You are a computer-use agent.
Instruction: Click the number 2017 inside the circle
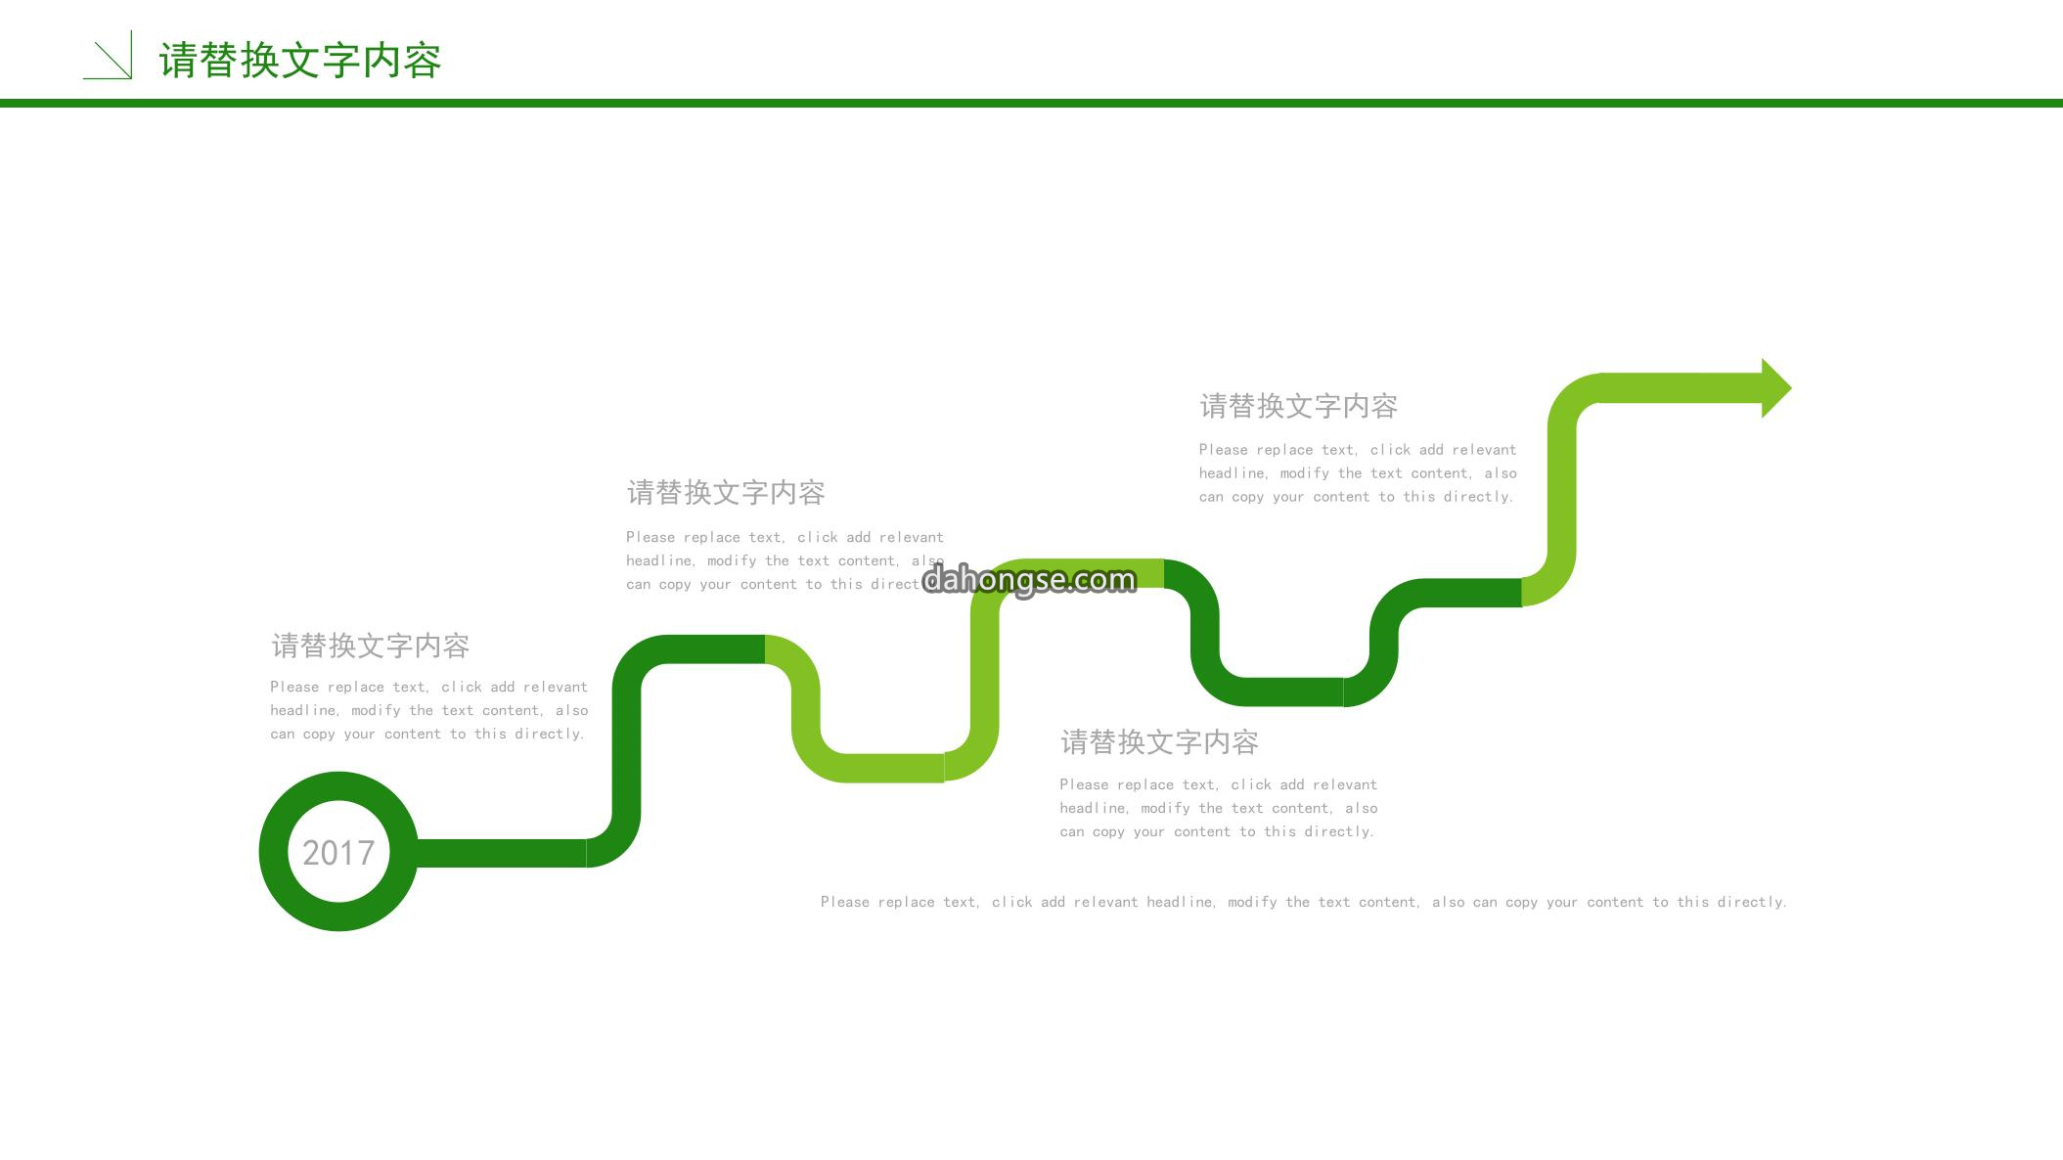pos(338,853)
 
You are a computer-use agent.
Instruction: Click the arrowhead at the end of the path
pos(1775,388)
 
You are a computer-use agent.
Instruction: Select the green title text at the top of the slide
pos(300,61)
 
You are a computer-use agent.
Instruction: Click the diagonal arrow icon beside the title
pos(108,55)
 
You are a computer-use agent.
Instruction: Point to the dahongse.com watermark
pos(1029,580)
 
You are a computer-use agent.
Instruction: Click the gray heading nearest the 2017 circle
pos(371,646)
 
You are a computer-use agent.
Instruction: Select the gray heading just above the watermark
pos(726,492)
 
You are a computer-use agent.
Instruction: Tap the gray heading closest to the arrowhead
pos(1299,406)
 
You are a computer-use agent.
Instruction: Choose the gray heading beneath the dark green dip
pos(1159,742)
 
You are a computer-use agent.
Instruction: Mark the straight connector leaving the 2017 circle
pos(502,853)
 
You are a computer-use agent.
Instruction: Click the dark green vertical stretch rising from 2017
pos(627,748)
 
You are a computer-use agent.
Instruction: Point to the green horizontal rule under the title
pos(1031,103)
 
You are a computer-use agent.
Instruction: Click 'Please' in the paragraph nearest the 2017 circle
pos(294,687)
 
